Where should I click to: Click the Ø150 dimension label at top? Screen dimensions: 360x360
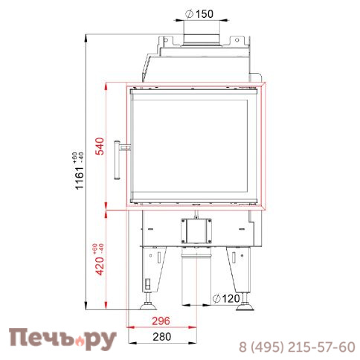(199, 14)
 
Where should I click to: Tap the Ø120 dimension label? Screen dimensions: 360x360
(226, 298)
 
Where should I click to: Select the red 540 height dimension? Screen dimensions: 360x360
(100, 146)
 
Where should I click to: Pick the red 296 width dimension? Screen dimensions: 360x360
(161, 321)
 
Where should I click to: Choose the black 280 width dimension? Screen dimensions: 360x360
(161, 337)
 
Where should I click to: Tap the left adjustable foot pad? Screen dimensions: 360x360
(148, 307)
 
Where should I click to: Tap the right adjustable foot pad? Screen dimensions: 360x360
(245, 307)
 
